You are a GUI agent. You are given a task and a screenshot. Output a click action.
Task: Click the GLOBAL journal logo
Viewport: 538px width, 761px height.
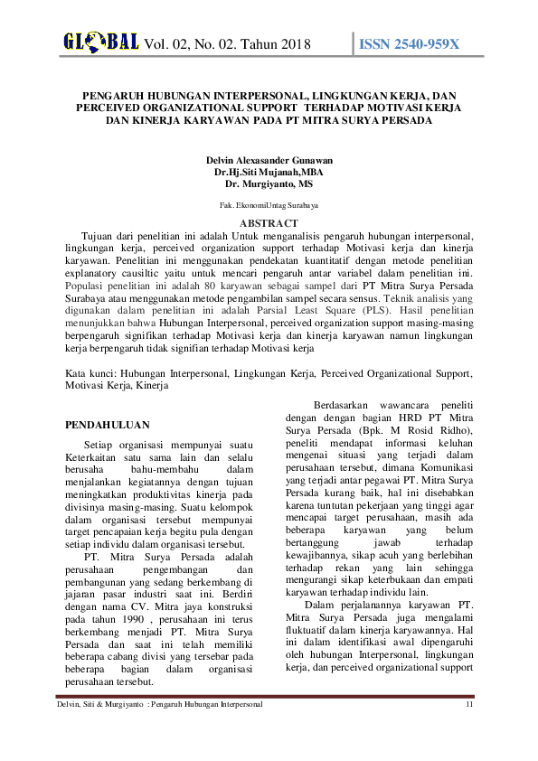pos(100,42)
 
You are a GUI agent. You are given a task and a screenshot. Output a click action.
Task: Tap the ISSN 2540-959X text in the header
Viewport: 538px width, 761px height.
pos(410,44)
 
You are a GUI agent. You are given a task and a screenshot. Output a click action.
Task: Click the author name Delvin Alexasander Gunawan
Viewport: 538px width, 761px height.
pos(269,160)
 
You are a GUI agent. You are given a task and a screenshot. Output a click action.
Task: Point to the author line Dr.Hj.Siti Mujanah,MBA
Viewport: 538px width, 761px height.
pos(269,171)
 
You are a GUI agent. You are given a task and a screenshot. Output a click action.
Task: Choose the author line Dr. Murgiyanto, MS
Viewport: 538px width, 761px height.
pos(269,182)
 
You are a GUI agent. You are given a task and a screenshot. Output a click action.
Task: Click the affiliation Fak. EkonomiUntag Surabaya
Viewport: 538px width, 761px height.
pos(269,205)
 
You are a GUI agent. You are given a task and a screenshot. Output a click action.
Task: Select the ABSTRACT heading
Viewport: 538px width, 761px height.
pos(269,222)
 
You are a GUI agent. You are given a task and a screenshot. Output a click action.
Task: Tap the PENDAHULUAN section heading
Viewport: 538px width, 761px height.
pos(108,424)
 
